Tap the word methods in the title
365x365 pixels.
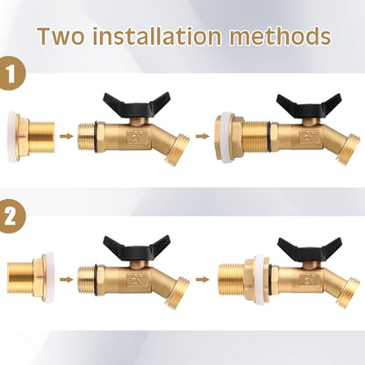280,36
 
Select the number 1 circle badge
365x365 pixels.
11,74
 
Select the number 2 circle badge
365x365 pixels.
11,217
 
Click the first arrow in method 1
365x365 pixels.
66,136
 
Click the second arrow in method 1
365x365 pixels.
203,136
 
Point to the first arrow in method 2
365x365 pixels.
66,280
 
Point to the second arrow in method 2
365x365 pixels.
203,280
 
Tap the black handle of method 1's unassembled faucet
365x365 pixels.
137,104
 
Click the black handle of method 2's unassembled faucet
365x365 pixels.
137,247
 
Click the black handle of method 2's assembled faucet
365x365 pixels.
310,249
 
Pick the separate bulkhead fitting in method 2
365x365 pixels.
30,279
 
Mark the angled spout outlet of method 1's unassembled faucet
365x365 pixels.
176,149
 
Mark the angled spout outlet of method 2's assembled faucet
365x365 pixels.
348,293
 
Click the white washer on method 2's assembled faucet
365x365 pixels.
261,280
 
